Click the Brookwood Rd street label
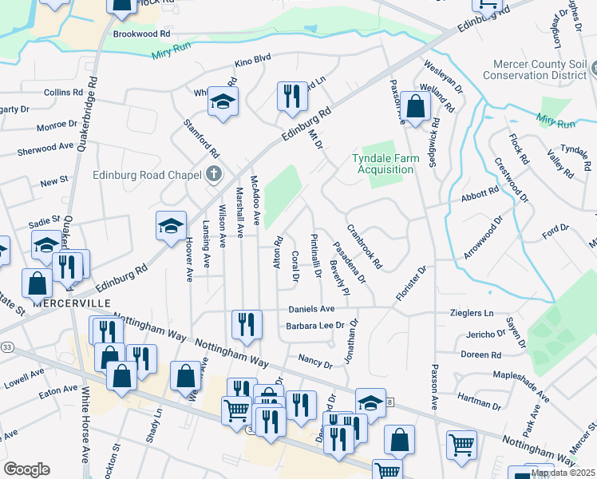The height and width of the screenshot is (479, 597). [142, 34]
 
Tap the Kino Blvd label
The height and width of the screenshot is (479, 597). [253, 60]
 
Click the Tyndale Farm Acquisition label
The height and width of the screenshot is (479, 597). [385, 164]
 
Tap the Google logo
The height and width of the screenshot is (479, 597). [26, 469]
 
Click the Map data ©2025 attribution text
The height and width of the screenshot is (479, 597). [562, 473]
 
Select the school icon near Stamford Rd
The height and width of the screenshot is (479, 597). [223, 101]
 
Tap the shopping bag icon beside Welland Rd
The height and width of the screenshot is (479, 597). [416, 105]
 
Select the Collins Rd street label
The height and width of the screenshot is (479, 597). [58, 93]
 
